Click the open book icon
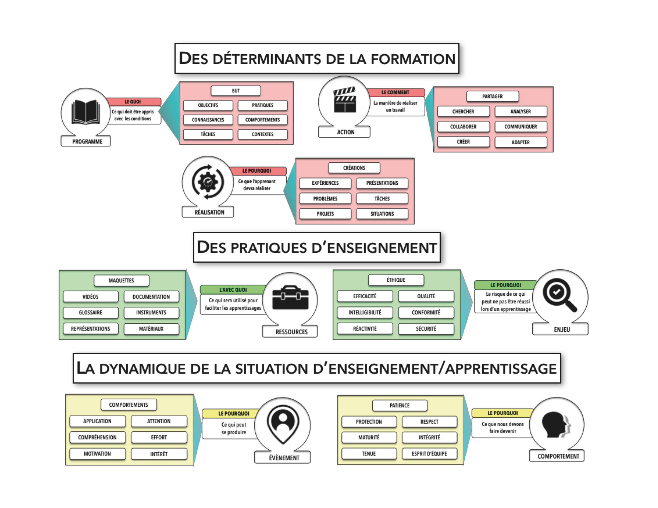coord(86,112)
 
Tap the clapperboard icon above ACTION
coord(345,100)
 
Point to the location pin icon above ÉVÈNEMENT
coord(283,424)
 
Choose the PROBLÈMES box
coord(325,199)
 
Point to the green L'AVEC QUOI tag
coord(233,289)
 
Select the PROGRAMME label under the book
coord(87,141)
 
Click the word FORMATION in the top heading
coord(413,59)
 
